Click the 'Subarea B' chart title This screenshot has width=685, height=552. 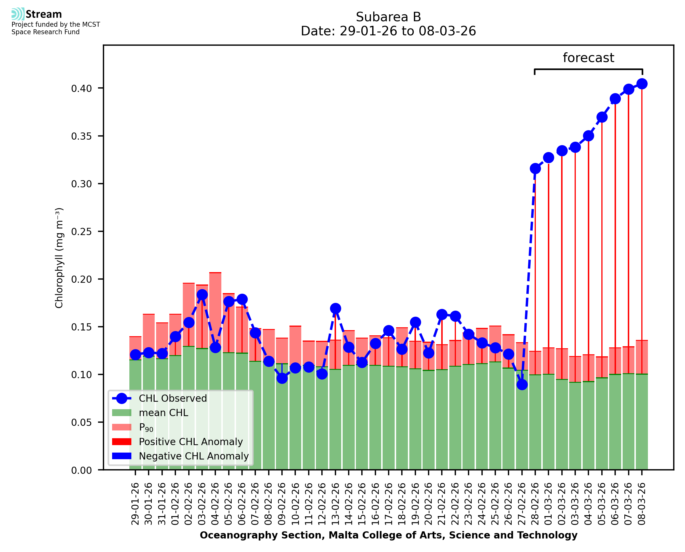click(388, 17)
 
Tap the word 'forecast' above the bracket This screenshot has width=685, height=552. click(588, 58)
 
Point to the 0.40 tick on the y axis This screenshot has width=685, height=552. click(81, 89)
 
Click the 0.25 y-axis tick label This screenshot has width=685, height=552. click(81, 232)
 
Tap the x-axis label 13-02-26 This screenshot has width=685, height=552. click(335, 504)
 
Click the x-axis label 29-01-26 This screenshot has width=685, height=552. click(135, 504)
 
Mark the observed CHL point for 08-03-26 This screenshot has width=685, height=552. click(642, 84)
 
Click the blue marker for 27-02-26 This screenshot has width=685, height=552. click(522, 385)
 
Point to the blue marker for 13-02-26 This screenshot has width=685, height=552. click(335, 308)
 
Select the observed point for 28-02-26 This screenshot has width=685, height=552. click(535, 168)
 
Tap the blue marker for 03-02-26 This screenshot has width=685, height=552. click(202, 295)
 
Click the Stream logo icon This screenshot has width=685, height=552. click(18, 14)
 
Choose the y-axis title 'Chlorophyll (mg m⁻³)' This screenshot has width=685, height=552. click(59, 258)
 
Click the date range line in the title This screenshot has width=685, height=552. click(388, 31)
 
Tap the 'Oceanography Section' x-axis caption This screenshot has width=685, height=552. click(388, 535)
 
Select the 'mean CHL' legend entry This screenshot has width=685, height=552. click(163, 412)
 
